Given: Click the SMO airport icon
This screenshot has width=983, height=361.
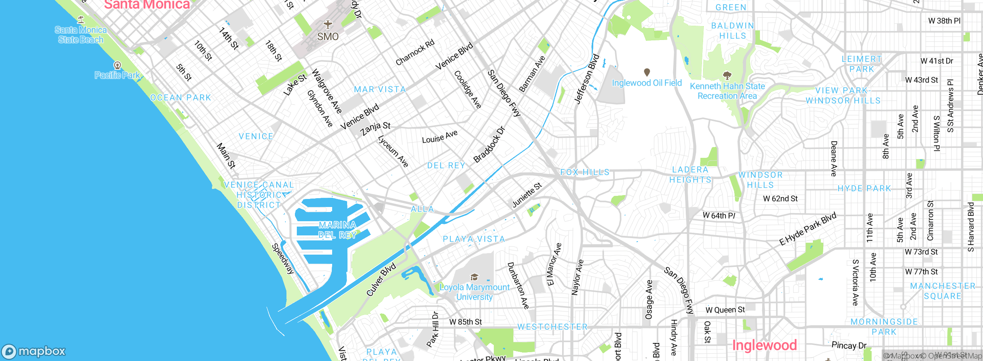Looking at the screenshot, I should click(x=328, y=25).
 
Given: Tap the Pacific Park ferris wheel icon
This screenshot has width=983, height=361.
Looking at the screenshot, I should click(x=117, y=65).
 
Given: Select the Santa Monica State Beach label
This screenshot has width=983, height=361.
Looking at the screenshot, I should click(x=81, y=35).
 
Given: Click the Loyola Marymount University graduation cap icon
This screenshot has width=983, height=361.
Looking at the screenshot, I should click(x=474, y=277).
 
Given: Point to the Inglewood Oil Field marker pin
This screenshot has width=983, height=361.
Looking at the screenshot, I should click(x=647, y=72).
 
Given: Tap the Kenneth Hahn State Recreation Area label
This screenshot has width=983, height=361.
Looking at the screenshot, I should click(x=727, y=91).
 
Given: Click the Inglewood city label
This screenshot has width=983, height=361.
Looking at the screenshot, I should click(x=764, y=345).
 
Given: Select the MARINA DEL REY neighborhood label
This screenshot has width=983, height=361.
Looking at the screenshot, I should click(x=338, y=230).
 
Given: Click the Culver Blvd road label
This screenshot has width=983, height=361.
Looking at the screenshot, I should click(x=381, y=280).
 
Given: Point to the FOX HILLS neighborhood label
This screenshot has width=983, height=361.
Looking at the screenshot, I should click(x=585, y=172).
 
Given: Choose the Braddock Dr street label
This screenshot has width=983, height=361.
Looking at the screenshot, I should click(x=489, y=145).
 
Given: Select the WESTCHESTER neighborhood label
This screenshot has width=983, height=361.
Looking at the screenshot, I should click(x=552, y=327).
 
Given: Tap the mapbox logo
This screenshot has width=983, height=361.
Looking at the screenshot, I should click(x=34, y=351).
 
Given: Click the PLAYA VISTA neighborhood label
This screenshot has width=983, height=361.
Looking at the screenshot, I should click(x=473, y=239).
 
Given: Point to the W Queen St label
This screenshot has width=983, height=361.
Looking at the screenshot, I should click(x=725, y=310).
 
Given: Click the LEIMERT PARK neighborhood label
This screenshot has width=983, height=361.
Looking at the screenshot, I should click(x=862, y=64).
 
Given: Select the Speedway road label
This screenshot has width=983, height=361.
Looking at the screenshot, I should click(x=283, y=259).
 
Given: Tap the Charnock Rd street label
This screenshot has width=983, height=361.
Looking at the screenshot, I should click(x=415, y=52).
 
